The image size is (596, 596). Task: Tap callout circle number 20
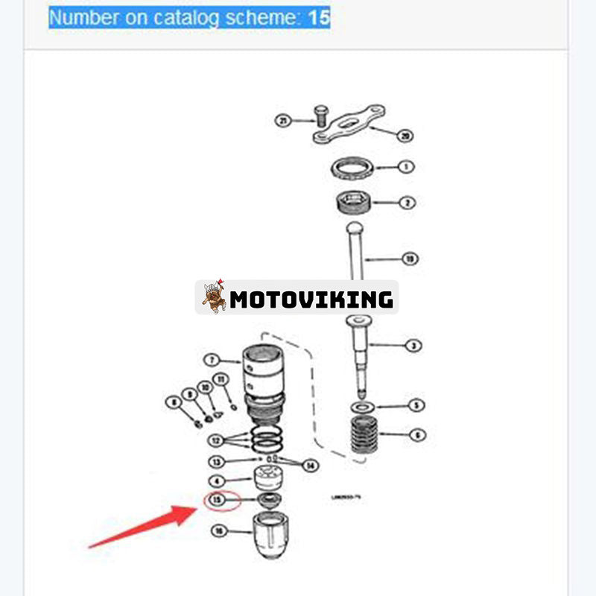click(405, 136)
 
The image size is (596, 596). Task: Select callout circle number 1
click(405, 167)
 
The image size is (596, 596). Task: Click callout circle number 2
click(408, 202)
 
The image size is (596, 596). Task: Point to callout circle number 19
click(409, 259)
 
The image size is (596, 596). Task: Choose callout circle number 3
click(413, 346)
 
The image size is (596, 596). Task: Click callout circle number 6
click(417, 434)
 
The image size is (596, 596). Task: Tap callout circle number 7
click(212, 360)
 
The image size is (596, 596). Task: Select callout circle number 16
click(218, 531)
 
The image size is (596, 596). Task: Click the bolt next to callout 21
click(321, 115)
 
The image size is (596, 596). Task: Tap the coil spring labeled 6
click(364, 434)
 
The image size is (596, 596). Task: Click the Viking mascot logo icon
click(214, 297)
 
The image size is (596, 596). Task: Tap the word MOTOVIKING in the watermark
click(311, 299)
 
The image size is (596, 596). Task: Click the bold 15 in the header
click(319, 16)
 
